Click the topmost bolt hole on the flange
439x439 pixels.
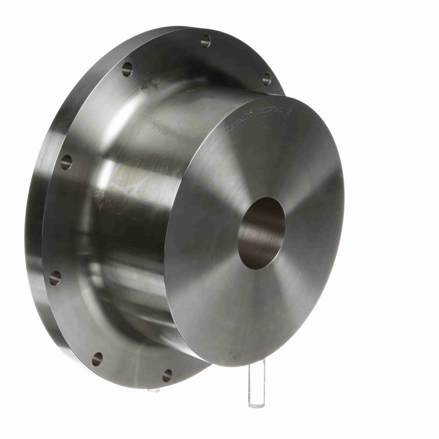point(206,40)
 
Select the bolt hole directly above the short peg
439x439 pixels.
point(167,375)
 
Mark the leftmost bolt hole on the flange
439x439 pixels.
point(55,278)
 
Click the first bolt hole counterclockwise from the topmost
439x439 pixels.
point(127,69)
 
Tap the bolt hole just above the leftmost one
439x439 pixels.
point(66,162)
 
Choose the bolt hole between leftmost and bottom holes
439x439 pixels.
point(97,359)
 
